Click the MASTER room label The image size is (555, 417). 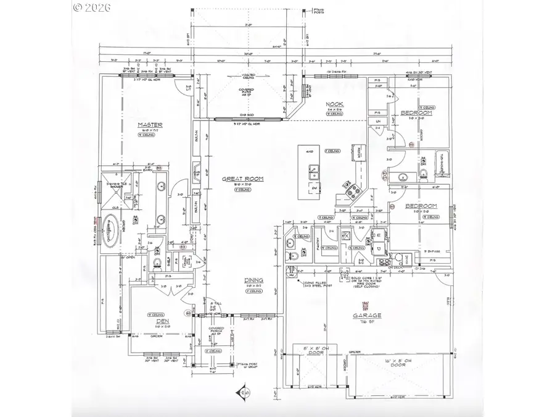(x=150, y=125)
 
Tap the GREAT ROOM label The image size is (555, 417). (x=243, y=179)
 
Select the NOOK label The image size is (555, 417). (x=335, y=105)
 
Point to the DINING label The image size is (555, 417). (x=253, y=280)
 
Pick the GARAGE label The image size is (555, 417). (x=367, y=315)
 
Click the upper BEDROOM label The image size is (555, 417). (x=416, y=113)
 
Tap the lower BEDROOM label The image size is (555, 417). (x=421, y=206)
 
